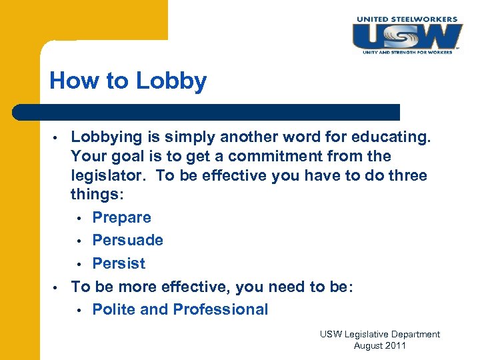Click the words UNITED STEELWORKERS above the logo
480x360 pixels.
pyautogui.click(x=407, y=19)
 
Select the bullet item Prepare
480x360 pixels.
pyautogui.click(x=121, y=217)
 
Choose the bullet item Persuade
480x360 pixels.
pyautogui.click(x=127, y=240)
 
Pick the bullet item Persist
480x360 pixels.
pyautogui.click(x=118, y=263)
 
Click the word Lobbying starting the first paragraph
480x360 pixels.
pyautogui.click(x=107, y=137)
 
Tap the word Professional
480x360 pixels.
pyautogui.click(x=220, y=309)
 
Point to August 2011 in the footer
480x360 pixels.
pyautogui.click(x=379, y=345)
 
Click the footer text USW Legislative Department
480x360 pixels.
pyautogui.click(x=379, y=334)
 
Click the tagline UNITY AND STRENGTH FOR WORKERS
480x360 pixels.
pyautogui.click(x=407, y=51)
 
